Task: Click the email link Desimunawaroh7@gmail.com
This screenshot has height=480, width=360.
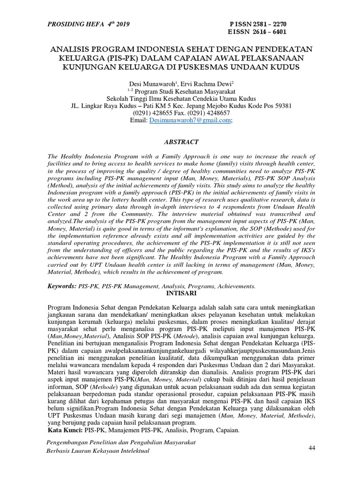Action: [190, 120]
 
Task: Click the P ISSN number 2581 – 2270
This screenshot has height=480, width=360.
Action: [268, 24]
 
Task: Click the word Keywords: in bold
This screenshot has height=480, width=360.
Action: [62, 285]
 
